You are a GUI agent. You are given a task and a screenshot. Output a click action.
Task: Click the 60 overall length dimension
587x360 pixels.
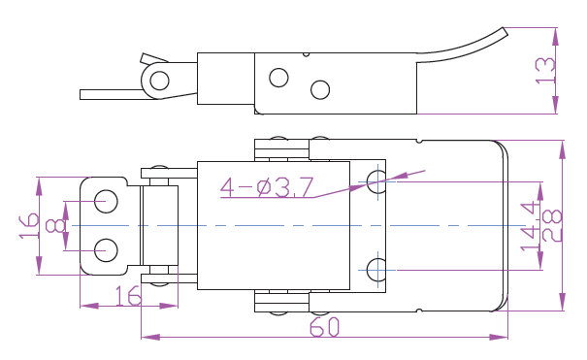tap(324, 327)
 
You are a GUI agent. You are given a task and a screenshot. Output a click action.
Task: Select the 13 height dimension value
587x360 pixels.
tap(545, 71)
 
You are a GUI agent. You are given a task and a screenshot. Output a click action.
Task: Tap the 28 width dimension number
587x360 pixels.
tap(552, 226)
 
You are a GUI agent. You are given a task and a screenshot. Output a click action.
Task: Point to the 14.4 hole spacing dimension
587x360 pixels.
tap(530, 226)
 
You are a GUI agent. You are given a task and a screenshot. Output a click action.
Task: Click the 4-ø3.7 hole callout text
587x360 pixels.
tap(267, 187)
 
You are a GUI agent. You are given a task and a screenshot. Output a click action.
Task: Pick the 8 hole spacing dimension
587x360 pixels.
tap(54, 226)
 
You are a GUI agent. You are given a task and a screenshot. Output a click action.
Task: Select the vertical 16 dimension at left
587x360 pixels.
tap(29, 226)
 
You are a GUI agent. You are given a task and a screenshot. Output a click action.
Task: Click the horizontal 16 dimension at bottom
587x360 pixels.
tap(128, 296)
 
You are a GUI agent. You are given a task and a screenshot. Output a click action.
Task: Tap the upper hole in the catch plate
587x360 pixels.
tap(106, 201)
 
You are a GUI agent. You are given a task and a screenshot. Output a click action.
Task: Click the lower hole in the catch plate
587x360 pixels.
tap(106, 250)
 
